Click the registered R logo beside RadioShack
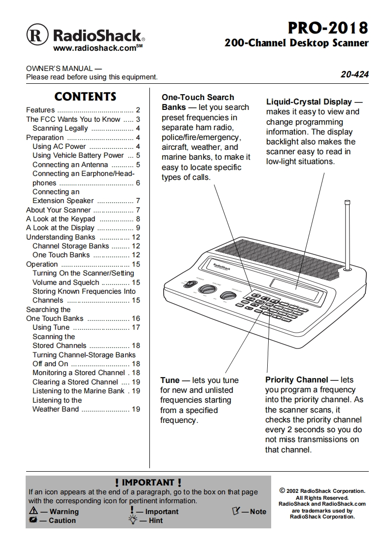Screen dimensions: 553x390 click(36, 35)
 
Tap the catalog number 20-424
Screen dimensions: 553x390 click(355, 75)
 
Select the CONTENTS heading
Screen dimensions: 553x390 click(85, 97)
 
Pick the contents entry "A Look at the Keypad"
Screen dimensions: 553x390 click(61, 219)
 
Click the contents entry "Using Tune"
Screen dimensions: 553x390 click(51, 327)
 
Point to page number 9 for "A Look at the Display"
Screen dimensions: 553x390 click(138, 228)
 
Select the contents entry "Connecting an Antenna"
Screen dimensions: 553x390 click(70, 165)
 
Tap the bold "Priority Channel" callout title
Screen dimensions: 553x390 click(296, 380)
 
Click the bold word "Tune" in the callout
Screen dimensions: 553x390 click(170, 380)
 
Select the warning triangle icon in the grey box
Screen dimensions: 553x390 click(34, 511)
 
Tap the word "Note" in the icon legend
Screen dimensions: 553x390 click(258, 512)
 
